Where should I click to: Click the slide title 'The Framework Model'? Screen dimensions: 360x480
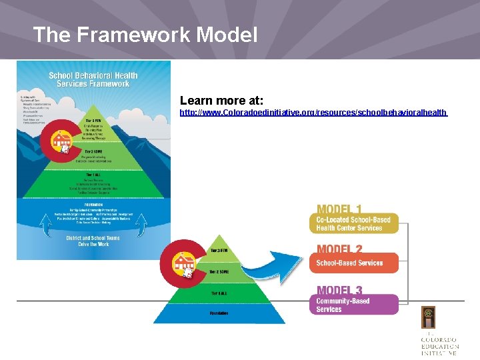[x=145, y=35]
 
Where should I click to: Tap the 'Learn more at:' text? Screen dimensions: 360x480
[x=222, y=100]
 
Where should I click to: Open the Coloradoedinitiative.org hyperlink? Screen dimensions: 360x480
[x=313, y=113]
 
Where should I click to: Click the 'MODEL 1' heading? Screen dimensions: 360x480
[x=340, y=209]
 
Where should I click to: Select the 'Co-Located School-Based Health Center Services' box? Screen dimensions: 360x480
[x=353, y=223]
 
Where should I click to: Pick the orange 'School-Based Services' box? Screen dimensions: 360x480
[x=353, y=263]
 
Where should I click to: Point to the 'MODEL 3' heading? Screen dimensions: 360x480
[x=340, y=290]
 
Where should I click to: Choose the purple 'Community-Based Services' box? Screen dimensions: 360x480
[x=353, y=305]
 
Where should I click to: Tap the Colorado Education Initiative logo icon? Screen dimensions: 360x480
[x=429, y=317]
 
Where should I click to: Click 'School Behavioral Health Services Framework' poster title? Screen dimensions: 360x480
[x=93, y=79]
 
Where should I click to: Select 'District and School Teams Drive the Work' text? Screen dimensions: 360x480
[x=93, y=241]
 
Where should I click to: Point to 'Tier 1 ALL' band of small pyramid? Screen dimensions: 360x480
[x=219, y=293]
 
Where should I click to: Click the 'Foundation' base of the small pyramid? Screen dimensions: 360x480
[x=219, y=312]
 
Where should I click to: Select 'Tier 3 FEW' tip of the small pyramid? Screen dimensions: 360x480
[x=219, y=251]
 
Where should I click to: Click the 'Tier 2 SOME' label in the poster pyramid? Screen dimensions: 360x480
[x=93, y=151]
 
